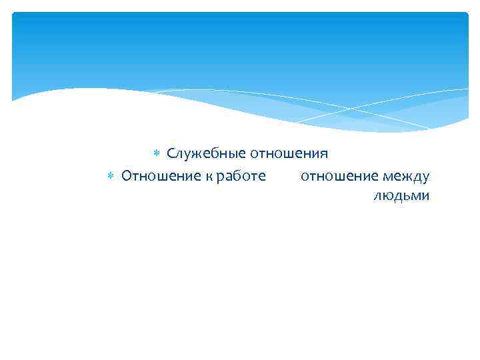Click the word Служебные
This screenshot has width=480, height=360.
coord(206,154)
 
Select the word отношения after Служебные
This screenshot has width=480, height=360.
coord(289,154)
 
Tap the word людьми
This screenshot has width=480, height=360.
coord(401,196)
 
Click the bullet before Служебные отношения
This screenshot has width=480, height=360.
coord(157,154)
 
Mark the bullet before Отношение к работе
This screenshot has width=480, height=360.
coord(111,176)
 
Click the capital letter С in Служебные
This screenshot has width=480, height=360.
coord(171,154)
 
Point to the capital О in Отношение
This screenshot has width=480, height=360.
coord(127,176)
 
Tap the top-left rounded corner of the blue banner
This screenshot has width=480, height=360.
coord(15,15)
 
